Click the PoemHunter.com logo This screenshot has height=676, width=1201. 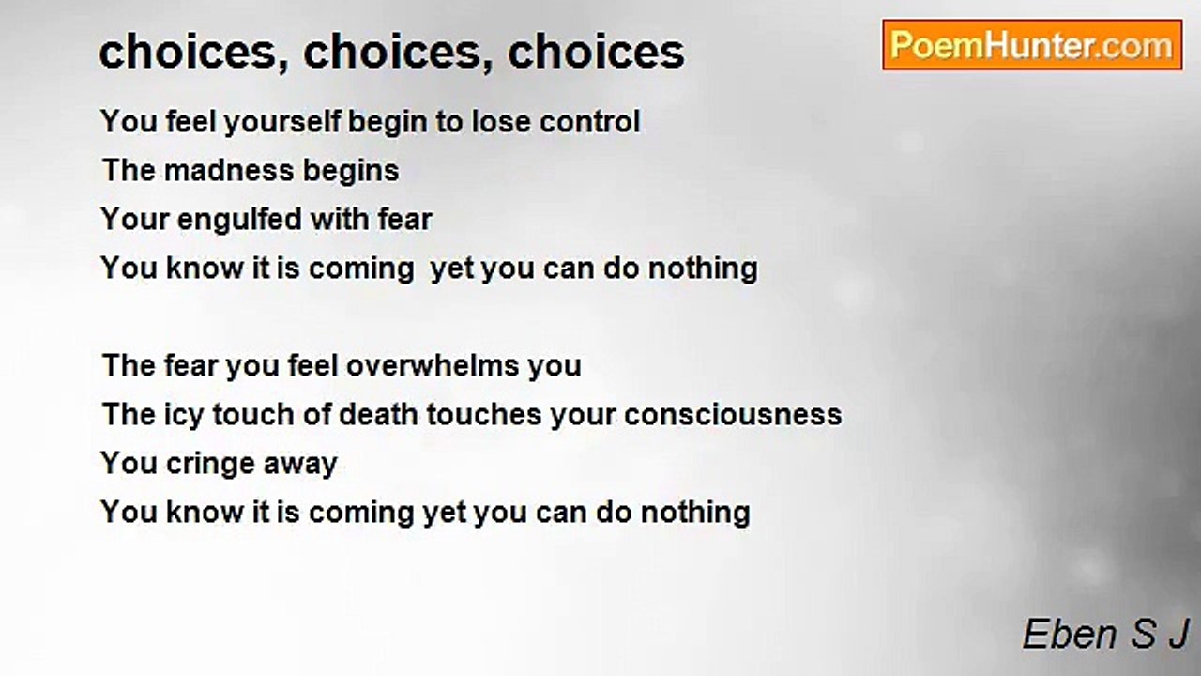click(x=1032, y=45)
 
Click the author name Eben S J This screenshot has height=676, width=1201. click(x=1105, y=635)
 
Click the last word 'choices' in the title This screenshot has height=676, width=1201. click(x=596, y=52)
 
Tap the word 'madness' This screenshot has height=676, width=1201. click(x=218, y=171)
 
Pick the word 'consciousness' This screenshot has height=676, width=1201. click(x=733, y=415)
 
